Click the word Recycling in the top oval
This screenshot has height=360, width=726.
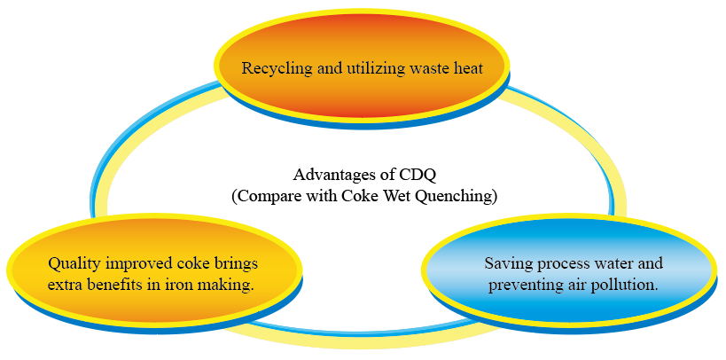tap(270, 69)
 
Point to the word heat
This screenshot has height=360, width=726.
tap(466, 68)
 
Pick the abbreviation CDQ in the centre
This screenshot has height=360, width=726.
tap(417, 176)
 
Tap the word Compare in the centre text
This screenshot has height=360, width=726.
tap(269, 197)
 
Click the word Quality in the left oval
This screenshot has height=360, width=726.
tap(74, 264)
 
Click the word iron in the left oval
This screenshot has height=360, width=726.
tap(179, 285)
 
